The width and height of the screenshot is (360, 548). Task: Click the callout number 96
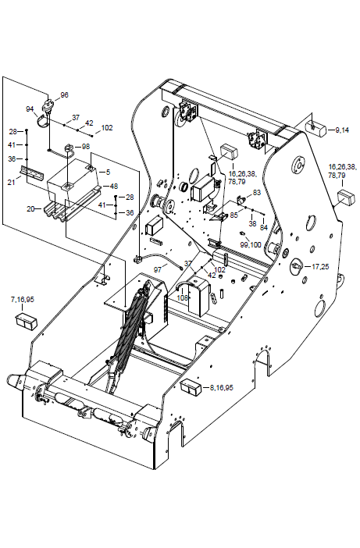(x=64, y=95)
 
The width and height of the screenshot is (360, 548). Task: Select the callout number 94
(x=30, y=109)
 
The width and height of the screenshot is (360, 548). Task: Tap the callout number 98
(x=86, y=147)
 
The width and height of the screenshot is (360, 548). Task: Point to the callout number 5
(x=108, y=172)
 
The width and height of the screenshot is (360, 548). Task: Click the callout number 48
(x=113, y=187)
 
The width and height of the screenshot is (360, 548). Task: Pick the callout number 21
(x=12, y=182)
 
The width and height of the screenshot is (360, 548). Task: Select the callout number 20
(x=30, y=209)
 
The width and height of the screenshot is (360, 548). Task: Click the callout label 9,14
(x=342, y=130)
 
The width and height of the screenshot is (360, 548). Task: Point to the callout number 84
(x=263, y=227)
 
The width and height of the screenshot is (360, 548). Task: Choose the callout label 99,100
(x=251, y=245)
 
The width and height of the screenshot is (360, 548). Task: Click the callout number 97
(x=159, y=269)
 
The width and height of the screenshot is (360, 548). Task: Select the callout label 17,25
(x=320, y=267)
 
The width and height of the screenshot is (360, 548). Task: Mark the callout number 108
(x=183, y=297)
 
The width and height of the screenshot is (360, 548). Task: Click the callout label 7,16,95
(x=23, y=300)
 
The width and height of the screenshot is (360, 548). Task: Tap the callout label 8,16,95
(x=221, y=388)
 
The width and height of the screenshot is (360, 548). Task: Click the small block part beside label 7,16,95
(x=27, y=322)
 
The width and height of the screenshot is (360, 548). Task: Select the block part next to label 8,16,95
(x=191, y=389)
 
